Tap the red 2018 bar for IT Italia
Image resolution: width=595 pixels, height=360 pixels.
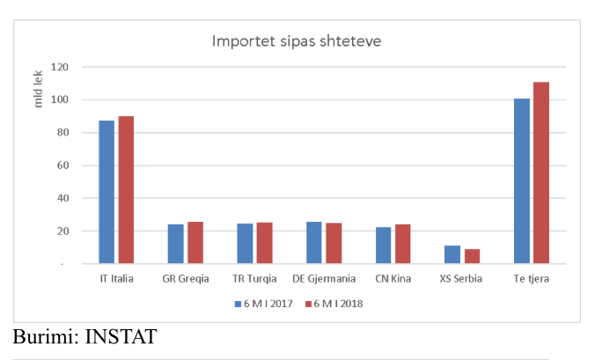point(126,190)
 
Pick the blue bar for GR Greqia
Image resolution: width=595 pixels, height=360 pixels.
point(175,244)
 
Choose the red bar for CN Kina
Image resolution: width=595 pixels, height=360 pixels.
point(402,244)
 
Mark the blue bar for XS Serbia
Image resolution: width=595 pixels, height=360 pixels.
point(452,254)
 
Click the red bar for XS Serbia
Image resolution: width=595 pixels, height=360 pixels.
point(473,256)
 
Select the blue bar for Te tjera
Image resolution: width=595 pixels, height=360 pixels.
point(522,180)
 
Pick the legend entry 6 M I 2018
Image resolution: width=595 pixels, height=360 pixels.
point(334,304)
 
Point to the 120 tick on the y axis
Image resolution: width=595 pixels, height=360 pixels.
point(61,67)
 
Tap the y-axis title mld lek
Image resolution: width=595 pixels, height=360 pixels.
point(38,92)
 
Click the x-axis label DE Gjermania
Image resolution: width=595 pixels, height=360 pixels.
point(324,279)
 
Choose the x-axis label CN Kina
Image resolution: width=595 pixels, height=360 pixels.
point(393,279)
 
